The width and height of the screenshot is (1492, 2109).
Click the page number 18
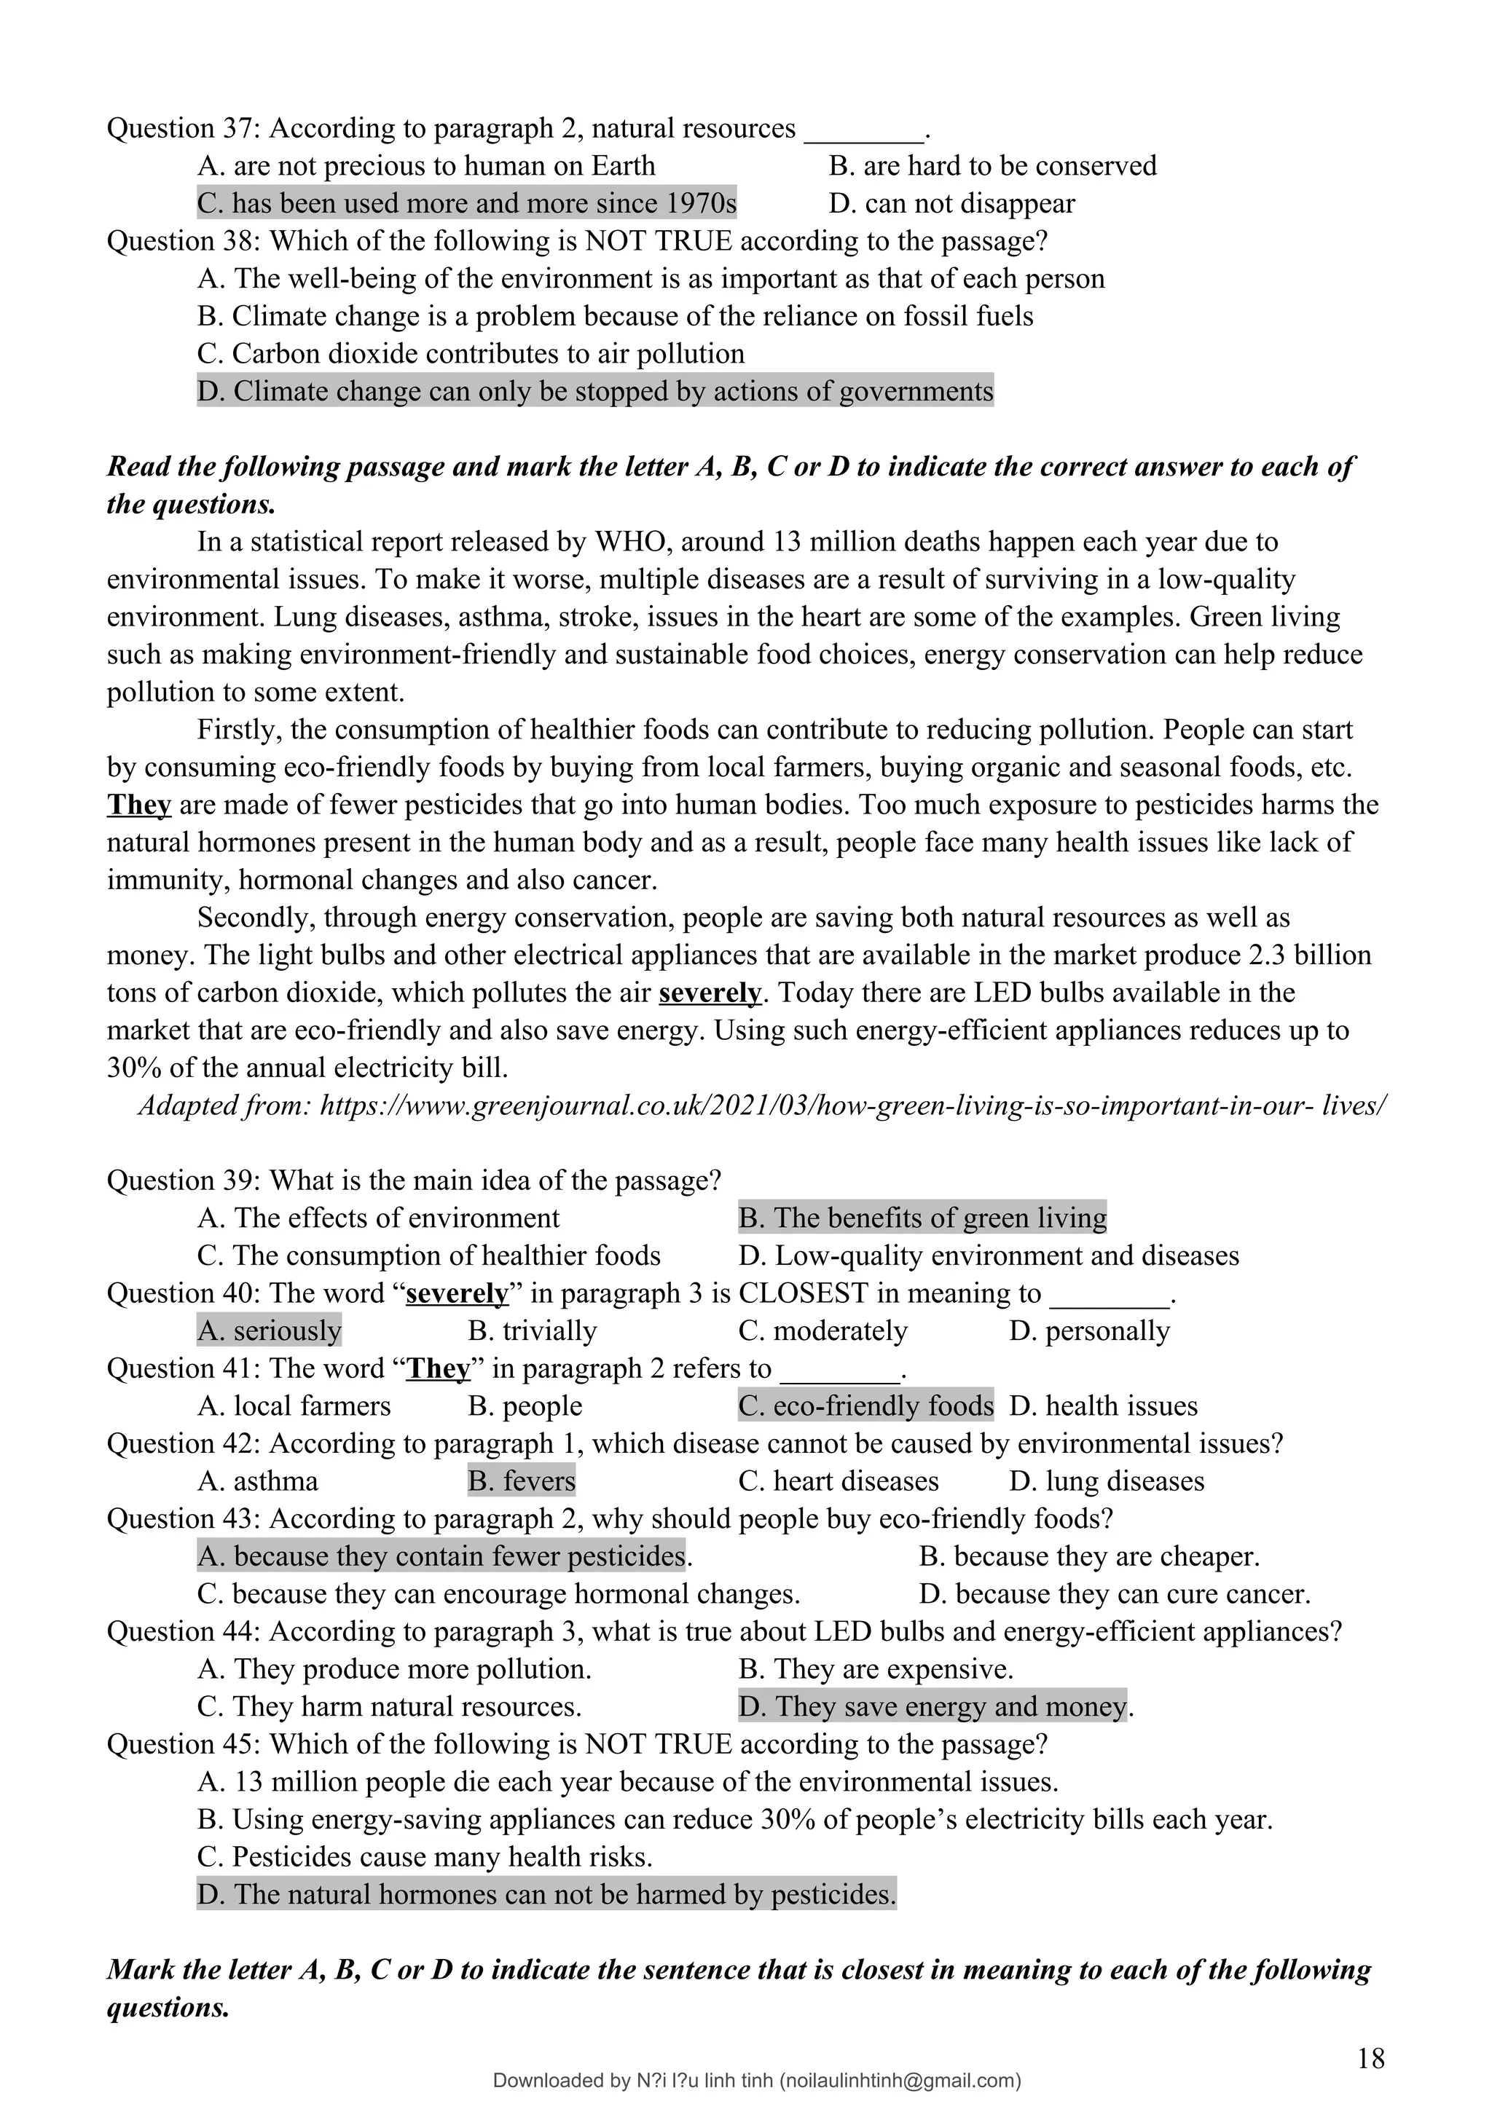pyautogui.click(x=1370, y=2059)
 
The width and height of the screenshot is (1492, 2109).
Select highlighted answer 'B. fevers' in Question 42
pyautogui.click(x=521, y=1481)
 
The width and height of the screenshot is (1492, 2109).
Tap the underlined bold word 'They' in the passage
pyautogui.click(x=138, y=805)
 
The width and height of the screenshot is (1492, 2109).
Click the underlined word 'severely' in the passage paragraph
pyautogui.click(x=710, y=993)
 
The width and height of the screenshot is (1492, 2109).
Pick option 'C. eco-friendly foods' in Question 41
pyautogui.click(x=865, y=1406)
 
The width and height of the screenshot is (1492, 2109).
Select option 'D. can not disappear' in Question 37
pyautogui.click(x=951, y=203)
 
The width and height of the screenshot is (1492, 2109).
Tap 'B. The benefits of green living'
pyautogui.click(x=922, y=1218)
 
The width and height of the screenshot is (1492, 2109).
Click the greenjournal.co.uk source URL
pyautogui.click(x=852, y=1105)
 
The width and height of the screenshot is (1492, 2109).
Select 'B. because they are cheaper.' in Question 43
pyautogui.click(x=1088, y=1556)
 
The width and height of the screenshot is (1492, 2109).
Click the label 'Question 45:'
pyautogui.click(x=184, y=1744)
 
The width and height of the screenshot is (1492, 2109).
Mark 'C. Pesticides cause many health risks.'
pyautogui.click(x=425, y=1857)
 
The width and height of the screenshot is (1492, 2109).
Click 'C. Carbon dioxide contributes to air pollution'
pyautogui.click(x=471, y=354)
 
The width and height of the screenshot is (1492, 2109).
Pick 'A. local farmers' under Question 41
pyautogui.click(x=294, y=1406)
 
